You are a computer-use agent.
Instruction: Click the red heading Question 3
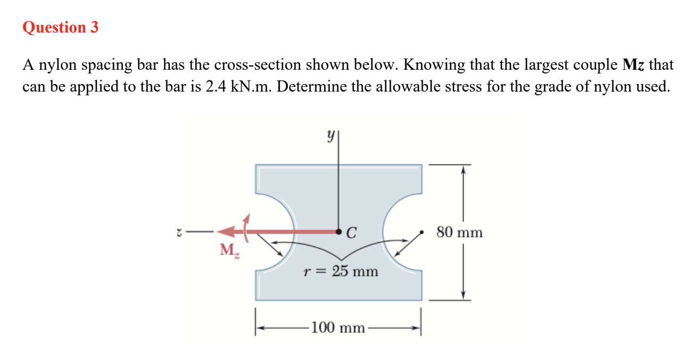[x=60, y=27]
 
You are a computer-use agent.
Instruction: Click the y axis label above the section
[x=332, y=137]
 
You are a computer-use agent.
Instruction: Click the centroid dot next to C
[x=339, y=232]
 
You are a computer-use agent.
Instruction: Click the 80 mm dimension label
[x=459, y=232]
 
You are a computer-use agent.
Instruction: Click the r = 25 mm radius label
[x=340, y=271]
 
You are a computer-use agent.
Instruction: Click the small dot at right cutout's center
[x=422, y=232]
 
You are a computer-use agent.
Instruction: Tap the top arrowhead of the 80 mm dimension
[x=463, y=169]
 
